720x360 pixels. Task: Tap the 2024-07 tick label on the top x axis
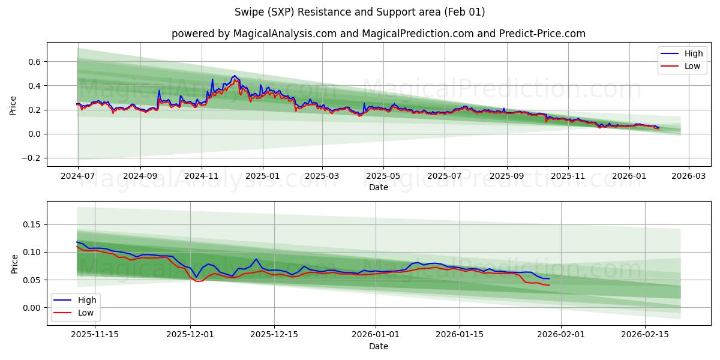(x=78, y=176)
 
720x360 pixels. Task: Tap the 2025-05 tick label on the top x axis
(x=383, y=176)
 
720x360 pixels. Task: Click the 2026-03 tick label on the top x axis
(x=688, y=176)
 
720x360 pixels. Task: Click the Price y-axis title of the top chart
(x=13, y=104)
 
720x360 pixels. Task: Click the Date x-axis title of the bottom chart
(x=378, y=346)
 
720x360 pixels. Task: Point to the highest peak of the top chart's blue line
(x=235, y=76)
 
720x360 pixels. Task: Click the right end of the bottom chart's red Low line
(x=549, y=285)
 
